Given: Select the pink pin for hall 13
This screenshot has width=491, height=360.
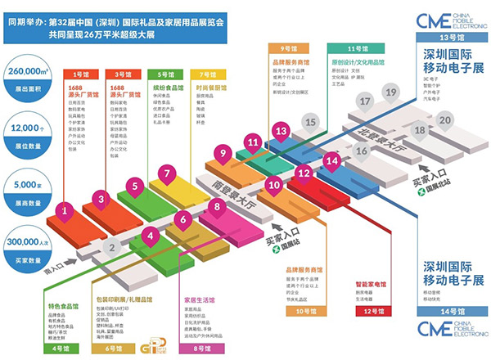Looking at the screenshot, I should (x=282, y=130).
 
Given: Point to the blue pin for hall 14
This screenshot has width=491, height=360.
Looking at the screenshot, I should (x=331, y=161).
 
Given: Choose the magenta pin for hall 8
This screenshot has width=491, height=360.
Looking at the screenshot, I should (x=217, y=206).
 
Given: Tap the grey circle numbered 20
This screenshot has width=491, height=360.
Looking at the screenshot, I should (x=444, y=119).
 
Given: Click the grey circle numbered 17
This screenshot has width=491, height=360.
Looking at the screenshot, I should (x=366, y=101).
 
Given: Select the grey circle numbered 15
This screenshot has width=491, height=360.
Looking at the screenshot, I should (x=309, y=123).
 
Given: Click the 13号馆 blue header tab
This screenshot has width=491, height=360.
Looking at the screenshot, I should (x=447, y=38).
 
